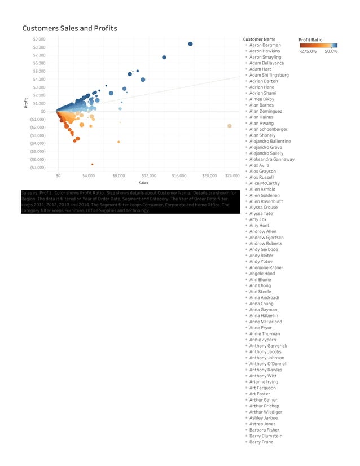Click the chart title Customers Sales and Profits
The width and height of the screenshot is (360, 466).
[x=69, y=28]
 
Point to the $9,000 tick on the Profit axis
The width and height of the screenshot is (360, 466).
[x=39, y=39]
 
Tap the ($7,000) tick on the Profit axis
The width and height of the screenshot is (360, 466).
[x=38, y=168]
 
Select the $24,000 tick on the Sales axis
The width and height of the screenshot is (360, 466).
[x=232, y=175]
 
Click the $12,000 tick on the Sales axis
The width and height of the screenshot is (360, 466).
[x=149, y=175]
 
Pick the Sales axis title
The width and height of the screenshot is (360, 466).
[x=143, y=183]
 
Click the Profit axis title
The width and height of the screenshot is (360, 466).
[x=25, y=103]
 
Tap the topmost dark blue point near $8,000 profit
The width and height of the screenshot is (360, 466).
[x=191, y=44]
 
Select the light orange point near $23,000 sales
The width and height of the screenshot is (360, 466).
[x=229, y=126]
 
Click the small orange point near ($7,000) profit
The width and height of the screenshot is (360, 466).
[x=92, y=164]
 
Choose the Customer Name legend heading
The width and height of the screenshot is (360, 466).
[x=259, y=39]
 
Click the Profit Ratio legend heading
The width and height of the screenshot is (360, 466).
[x=310, y=39]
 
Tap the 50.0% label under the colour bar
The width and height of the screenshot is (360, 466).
[x=331, y=51]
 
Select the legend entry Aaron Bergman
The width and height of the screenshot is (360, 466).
[x=265, y=45]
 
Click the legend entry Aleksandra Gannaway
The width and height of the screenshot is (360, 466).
[x=271, y=159]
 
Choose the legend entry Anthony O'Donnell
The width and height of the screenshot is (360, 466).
[x=268, y=364]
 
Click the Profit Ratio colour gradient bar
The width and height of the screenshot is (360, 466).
[x=319, y=45]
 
